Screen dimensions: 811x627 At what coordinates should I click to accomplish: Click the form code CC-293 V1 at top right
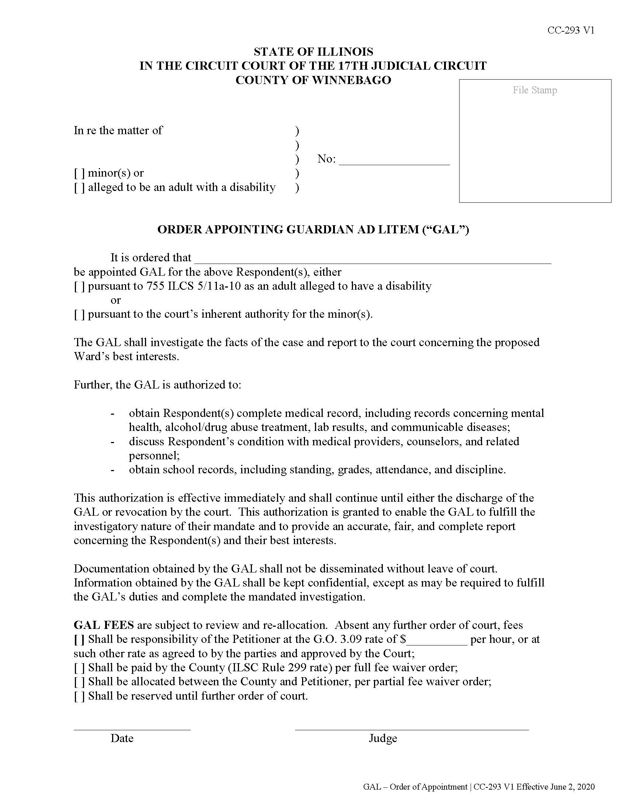[571, 31]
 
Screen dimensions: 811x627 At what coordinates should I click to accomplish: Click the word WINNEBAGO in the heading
[351, 80]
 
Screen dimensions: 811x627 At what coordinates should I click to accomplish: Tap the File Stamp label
[534, 90]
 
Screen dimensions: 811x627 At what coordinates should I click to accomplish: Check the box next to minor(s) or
[79, 173]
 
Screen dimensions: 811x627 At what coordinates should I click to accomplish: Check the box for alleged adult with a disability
[79, 188]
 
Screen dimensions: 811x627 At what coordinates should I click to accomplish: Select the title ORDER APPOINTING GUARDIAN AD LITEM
[313, 230]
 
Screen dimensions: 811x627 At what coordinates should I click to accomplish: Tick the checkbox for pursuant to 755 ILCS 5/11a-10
[79, 286]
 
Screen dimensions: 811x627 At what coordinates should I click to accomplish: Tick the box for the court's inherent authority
[79, 314]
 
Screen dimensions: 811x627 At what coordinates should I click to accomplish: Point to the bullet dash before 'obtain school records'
[112, 470]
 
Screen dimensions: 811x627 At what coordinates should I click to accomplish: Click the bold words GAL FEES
[104, 625]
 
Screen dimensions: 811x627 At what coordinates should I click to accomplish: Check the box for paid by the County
[79, 668]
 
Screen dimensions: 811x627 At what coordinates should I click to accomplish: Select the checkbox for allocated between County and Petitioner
[79, 682]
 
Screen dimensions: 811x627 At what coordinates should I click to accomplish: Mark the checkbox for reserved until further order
[79, 696]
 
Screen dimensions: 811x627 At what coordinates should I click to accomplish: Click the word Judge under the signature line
[382, 738]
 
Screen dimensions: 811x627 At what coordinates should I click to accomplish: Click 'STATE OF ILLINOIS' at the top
[313, 52]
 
